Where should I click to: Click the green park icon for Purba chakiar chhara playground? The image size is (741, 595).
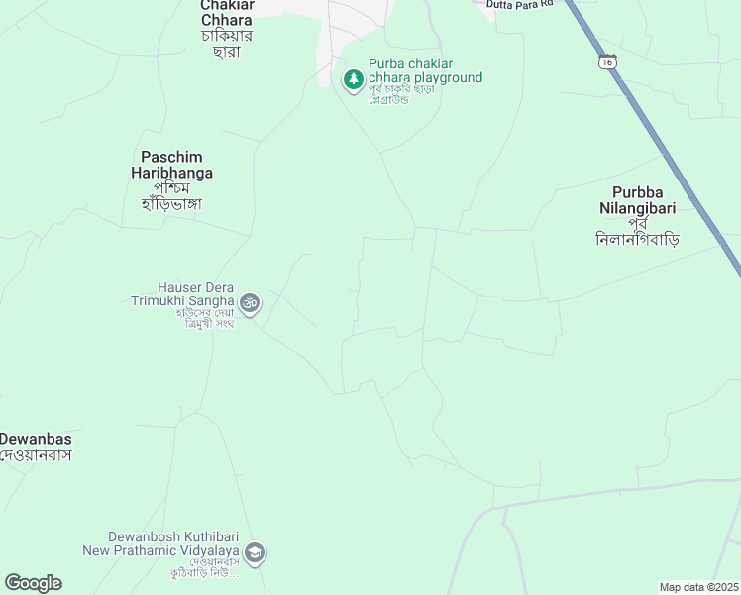[353, 79]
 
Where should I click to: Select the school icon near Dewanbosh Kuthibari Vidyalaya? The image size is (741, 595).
[255, 553]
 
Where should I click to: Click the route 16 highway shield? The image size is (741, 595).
[607, 61]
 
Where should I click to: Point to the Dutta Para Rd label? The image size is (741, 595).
[518, 4]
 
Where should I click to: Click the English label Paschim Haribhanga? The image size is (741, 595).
[177, 165]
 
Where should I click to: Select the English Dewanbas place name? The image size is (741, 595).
[36, 438]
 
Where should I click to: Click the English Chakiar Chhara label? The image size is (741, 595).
[226, 12]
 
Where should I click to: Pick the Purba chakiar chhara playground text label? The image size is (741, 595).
[425, 71]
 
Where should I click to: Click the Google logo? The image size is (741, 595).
[33, 583]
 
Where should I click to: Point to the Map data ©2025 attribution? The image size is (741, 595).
[698, 587]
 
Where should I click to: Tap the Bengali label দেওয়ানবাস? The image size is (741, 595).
[36, 455]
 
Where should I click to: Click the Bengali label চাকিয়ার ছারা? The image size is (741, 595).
[226, 44]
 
